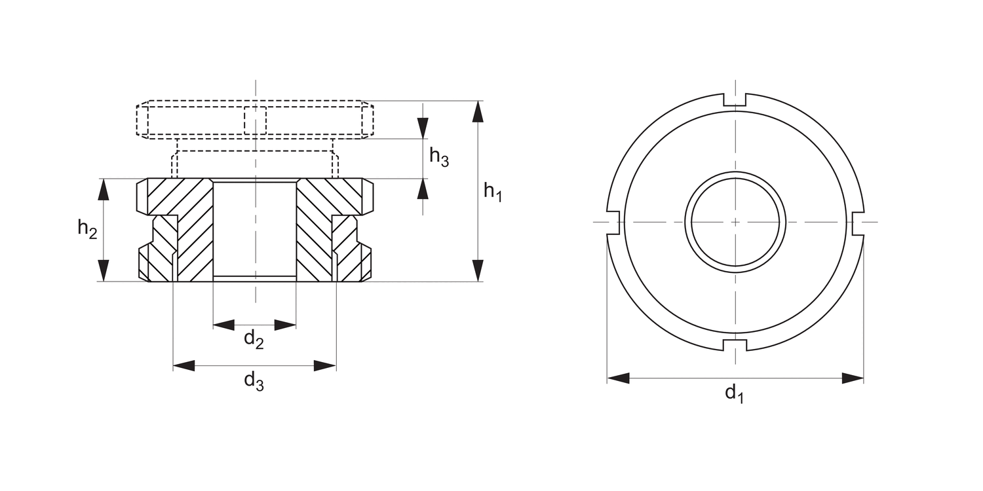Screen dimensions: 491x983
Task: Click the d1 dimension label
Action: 734,393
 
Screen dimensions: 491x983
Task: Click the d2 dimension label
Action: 254,339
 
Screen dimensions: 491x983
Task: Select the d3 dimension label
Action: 254,380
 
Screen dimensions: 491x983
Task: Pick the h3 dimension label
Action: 438,157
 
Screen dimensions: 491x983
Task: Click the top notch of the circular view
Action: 735,100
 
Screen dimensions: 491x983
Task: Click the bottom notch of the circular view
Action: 735,344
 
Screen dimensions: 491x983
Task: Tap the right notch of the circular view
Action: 858,223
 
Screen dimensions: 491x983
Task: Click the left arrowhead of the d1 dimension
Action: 618,378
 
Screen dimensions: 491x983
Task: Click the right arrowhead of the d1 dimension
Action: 853,378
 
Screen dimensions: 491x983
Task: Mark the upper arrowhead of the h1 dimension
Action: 478,112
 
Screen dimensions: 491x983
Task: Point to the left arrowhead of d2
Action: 224,325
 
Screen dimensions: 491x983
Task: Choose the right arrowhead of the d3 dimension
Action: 325,365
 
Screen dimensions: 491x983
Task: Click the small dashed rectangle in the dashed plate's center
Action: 255,120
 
